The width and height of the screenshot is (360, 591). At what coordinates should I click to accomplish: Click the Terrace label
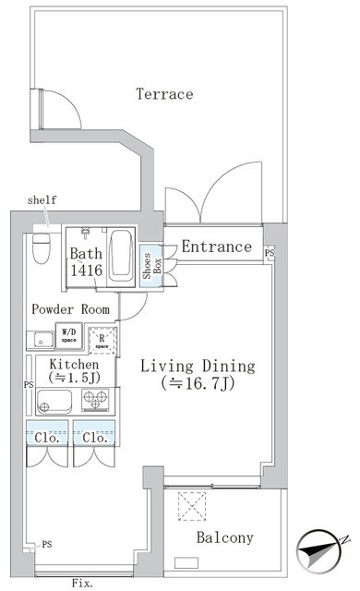tap(164, 94)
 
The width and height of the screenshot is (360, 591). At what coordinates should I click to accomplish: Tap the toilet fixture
tap(42, 248)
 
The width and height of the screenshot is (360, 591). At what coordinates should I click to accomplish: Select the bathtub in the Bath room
tap(121, 257)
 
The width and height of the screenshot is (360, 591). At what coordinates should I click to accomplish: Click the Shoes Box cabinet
tap(151, 266)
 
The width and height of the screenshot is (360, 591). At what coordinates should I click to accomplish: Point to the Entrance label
tap(217, 247)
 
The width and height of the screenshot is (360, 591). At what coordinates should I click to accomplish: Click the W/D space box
tap(69, 334)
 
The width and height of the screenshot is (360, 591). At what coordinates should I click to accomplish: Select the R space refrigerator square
tap(102, 341)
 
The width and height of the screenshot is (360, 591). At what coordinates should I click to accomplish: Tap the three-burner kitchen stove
tap(95, 400)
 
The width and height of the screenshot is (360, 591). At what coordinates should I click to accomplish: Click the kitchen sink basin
tap(54, 402)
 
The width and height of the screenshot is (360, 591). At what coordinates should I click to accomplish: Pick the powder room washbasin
tap(40, 339)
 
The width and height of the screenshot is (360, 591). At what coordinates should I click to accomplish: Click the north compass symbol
tap(319, 553)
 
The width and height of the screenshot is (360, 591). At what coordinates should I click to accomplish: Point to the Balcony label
tap(225, 537)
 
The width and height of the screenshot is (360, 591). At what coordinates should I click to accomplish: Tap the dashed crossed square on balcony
tap(192, 506)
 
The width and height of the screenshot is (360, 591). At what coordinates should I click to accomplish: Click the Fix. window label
tap(82, 584)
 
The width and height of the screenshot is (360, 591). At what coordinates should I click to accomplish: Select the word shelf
tap(42, 199)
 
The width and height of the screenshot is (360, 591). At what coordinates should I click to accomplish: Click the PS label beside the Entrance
tap(270, 252)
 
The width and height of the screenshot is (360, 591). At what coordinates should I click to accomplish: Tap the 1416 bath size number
tap(87, 271)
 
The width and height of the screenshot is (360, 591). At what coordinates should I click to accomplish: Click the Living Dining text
tap(198, 366)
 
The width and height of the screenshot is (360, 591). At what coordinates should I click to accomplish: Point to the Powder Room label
tap(71, 309)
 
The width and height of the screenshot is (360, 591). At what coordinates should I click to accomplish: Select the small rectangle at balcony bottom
tap(186, 562)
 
